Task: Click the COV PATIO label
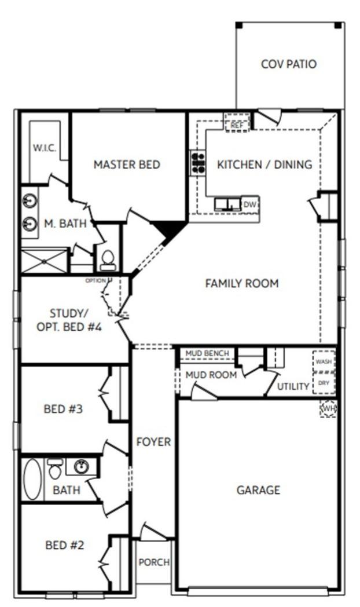pos(288,64)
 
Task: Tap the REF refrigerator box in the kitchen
pos(237,124)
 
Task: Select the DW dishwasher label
pos(249,204)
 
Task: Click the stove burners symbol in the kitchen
pos(198,162)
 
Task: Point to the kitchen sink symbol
pos(228,204)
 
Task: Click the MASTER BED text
pos(127,164)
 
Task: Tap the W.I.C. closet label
pos(45,148)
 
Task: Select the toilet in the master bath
pos(108,260)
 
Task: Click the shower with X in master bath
pos(45,261)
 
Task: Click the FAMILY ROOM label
pos(242,283)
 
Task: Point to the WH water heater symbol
pos(328,409)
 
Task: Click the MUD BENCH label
pos(207,353)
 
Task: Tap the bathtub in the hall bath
pos(32,478)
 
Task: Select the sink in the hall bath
pos(80,466)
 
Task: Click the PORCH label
pos(154,562)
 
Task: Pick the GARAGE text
pos(258,490)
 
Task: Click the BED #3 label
pos(63,409)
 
